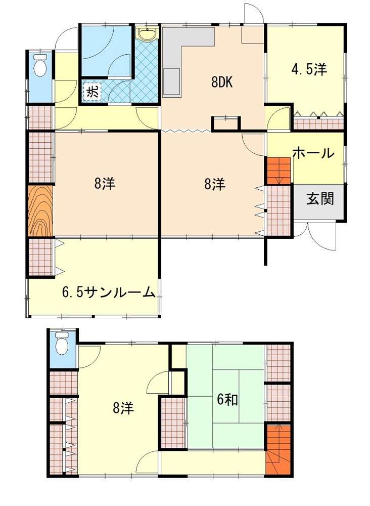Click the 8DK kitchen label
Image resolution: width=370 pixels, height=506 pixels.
point(222,83)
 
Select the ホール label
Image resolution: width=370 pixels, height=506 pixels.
point(313,153)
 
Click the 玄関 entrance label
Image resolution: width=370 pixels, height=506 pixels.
point(320,198)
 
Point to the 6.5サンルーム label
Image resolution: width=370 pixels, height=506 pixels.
point(108,292)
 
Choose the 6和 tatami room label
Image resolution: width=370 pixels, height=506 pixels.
point(227,400)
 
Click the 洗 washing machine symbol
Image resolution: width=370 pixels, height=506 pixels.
point(92,92)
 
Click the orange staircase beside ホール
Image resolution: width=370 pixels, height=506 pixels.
point(279,171)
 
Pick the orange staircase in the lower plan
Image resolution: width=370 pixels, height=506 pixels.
point(279,449)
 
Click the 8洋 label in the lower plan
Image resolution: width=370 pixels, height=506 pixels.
point(123,408)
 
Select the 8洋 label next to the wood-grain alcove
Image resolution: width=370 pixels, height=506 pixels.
point(105,184)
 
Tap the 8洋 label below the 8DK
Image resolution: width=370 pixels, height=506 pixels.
point(215,184)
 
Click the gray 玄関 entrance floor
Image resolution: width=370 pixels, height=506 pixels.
point(319,203)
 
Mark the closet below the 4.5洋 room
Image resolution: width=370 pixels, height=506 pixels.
point(318,122)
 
